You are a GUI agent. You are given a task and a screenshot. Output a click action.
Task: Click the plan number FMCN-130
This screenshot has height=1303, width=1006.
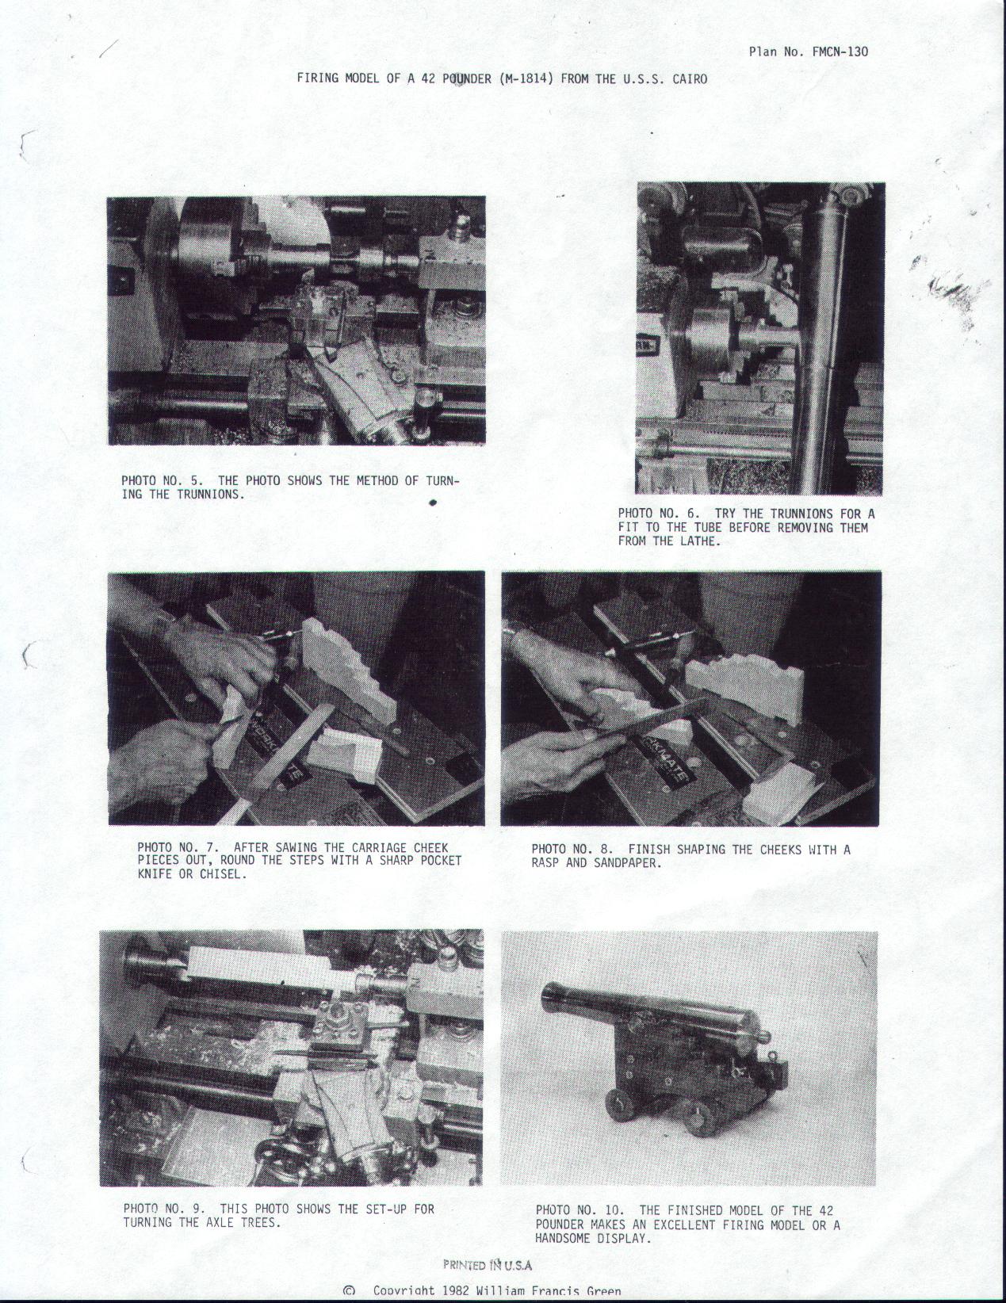(x=840, y=52)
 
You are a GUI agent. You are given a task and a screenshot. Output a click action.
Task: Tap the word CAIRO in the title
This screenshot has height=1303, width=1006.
(x=690, y=78)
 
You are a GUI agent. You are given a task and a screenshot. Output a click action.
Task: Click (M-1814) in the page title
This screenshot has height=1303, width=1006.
(x=527, y=78)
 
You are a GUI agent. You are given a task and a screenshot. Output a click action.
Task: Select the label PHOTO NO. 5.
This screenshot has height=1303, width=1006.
(x=162, y=480)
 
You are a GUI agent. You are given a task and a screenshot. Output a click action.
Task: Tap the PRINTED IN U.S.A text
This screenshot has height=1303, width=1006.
(x=488, y=1260)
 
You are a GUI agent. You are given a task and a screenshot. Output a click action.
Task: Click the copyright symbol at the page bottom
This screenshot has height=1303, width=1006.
(x=349, y=1291)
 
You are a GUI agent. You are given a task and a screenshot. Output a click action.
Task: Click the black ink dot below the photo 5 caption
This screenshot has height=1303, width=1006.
(x=432, y=503)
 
